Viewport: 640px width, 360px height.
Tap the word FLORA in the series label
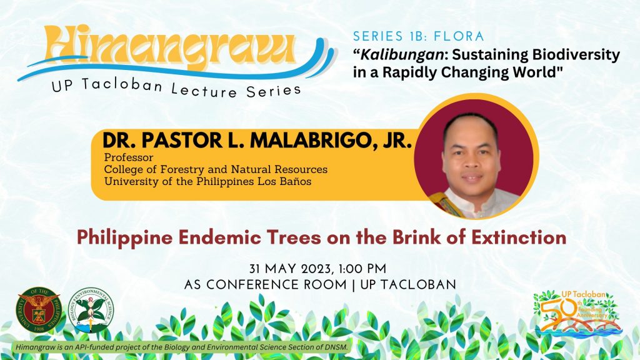(x=459, y=36)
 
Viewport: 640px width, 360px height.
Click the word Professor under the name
(x=129, y=157)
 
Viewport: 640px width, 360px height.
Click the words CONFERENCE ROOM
(x=276, y=284)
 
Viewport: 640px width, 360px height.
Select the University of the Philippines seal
(x=38, y=309)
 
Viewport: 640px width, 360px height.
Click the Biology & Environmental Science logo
(x=91, y=310)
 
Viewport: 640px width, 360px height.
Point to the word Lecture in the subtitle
(x=204, y=89)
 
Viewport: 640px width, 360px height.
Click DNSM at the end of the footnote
(x=338, y=347)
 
